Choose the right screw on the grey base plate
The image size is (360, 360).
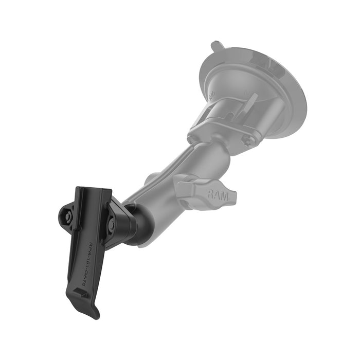click(250, 140)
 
